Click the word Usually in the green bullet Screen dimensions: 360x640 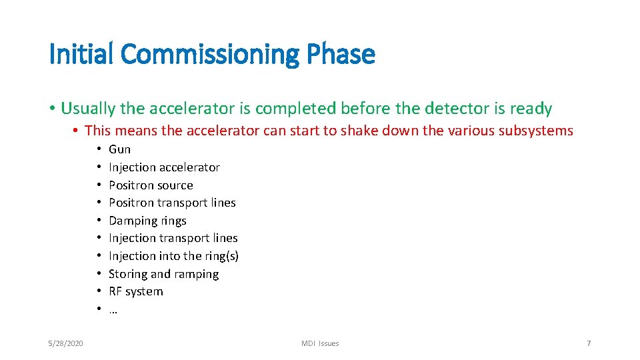86,109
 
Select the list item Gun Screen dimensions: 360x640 119,149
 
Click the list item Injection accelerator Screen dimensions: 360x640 164,167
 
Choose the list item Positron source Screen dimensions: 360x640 151,185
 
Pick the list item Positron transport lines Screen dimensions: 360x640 172,203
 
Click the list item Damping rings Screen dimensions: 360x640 147,221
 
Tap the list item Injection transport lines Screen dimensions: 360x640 173,238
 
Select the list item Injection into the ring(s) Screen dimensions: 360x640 173,256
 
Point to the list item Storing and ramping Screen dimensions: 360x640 163,274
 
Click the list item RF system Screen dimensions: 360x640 135,291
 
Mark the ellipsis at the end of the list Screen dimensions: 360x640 113,310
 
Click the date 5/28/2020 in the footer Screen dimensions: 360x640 66,343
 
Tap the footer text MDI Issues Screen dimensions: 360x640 320,343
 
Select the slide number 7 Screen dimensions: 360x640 588,343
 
